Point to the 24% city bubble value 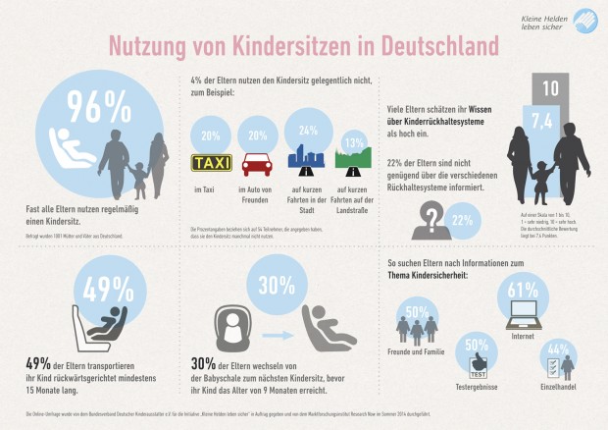(307, 130)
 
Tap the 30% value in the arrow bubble (276, 285)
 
